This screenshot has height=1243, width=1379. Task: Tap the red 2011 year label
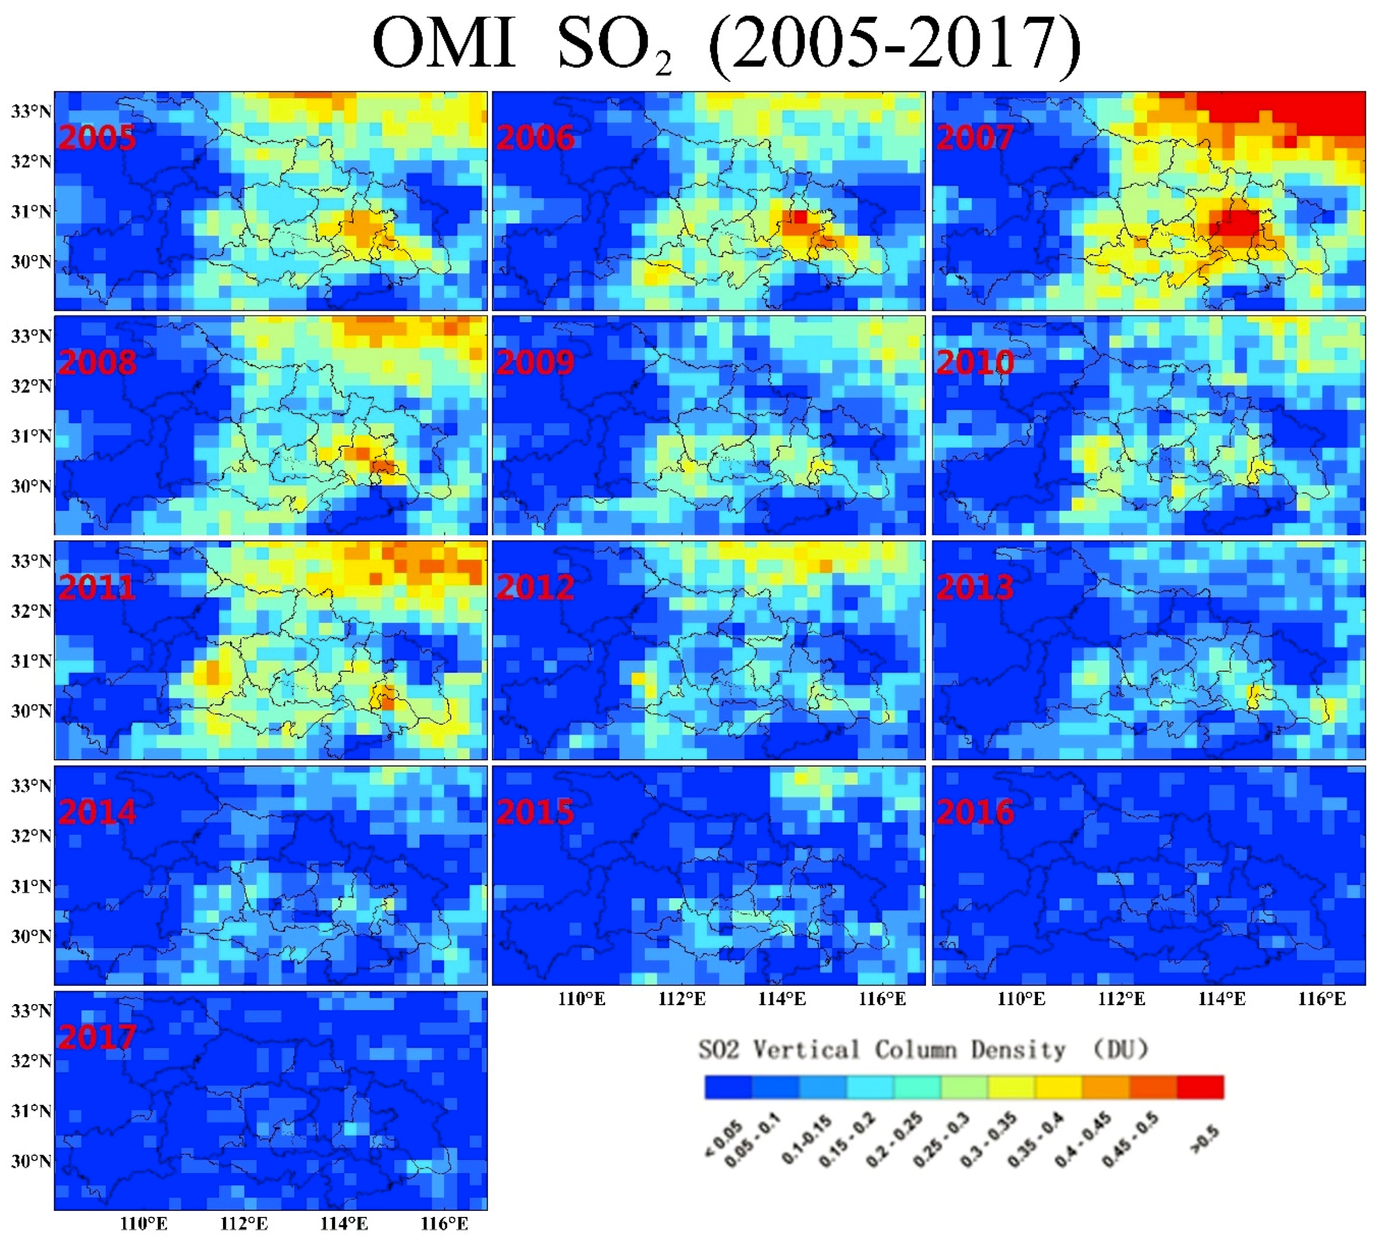(x=97, y=587)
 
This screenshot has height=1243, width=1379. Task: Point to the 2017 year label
(x=97, y=1037)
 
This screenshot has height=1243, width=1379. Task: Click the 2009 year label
(x=535, y=363)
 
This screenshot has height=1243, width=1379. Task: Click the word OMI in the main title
(x=444, y=44)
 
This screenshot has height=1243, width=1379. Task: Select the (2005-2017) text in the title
(x=895, y=46)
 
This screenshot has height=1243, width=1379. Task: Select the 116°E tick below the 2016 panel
(x=1321, y=999)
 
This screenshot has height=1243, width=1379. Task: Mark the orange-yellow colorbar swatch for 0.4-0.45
(x=1105, y=1087)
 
